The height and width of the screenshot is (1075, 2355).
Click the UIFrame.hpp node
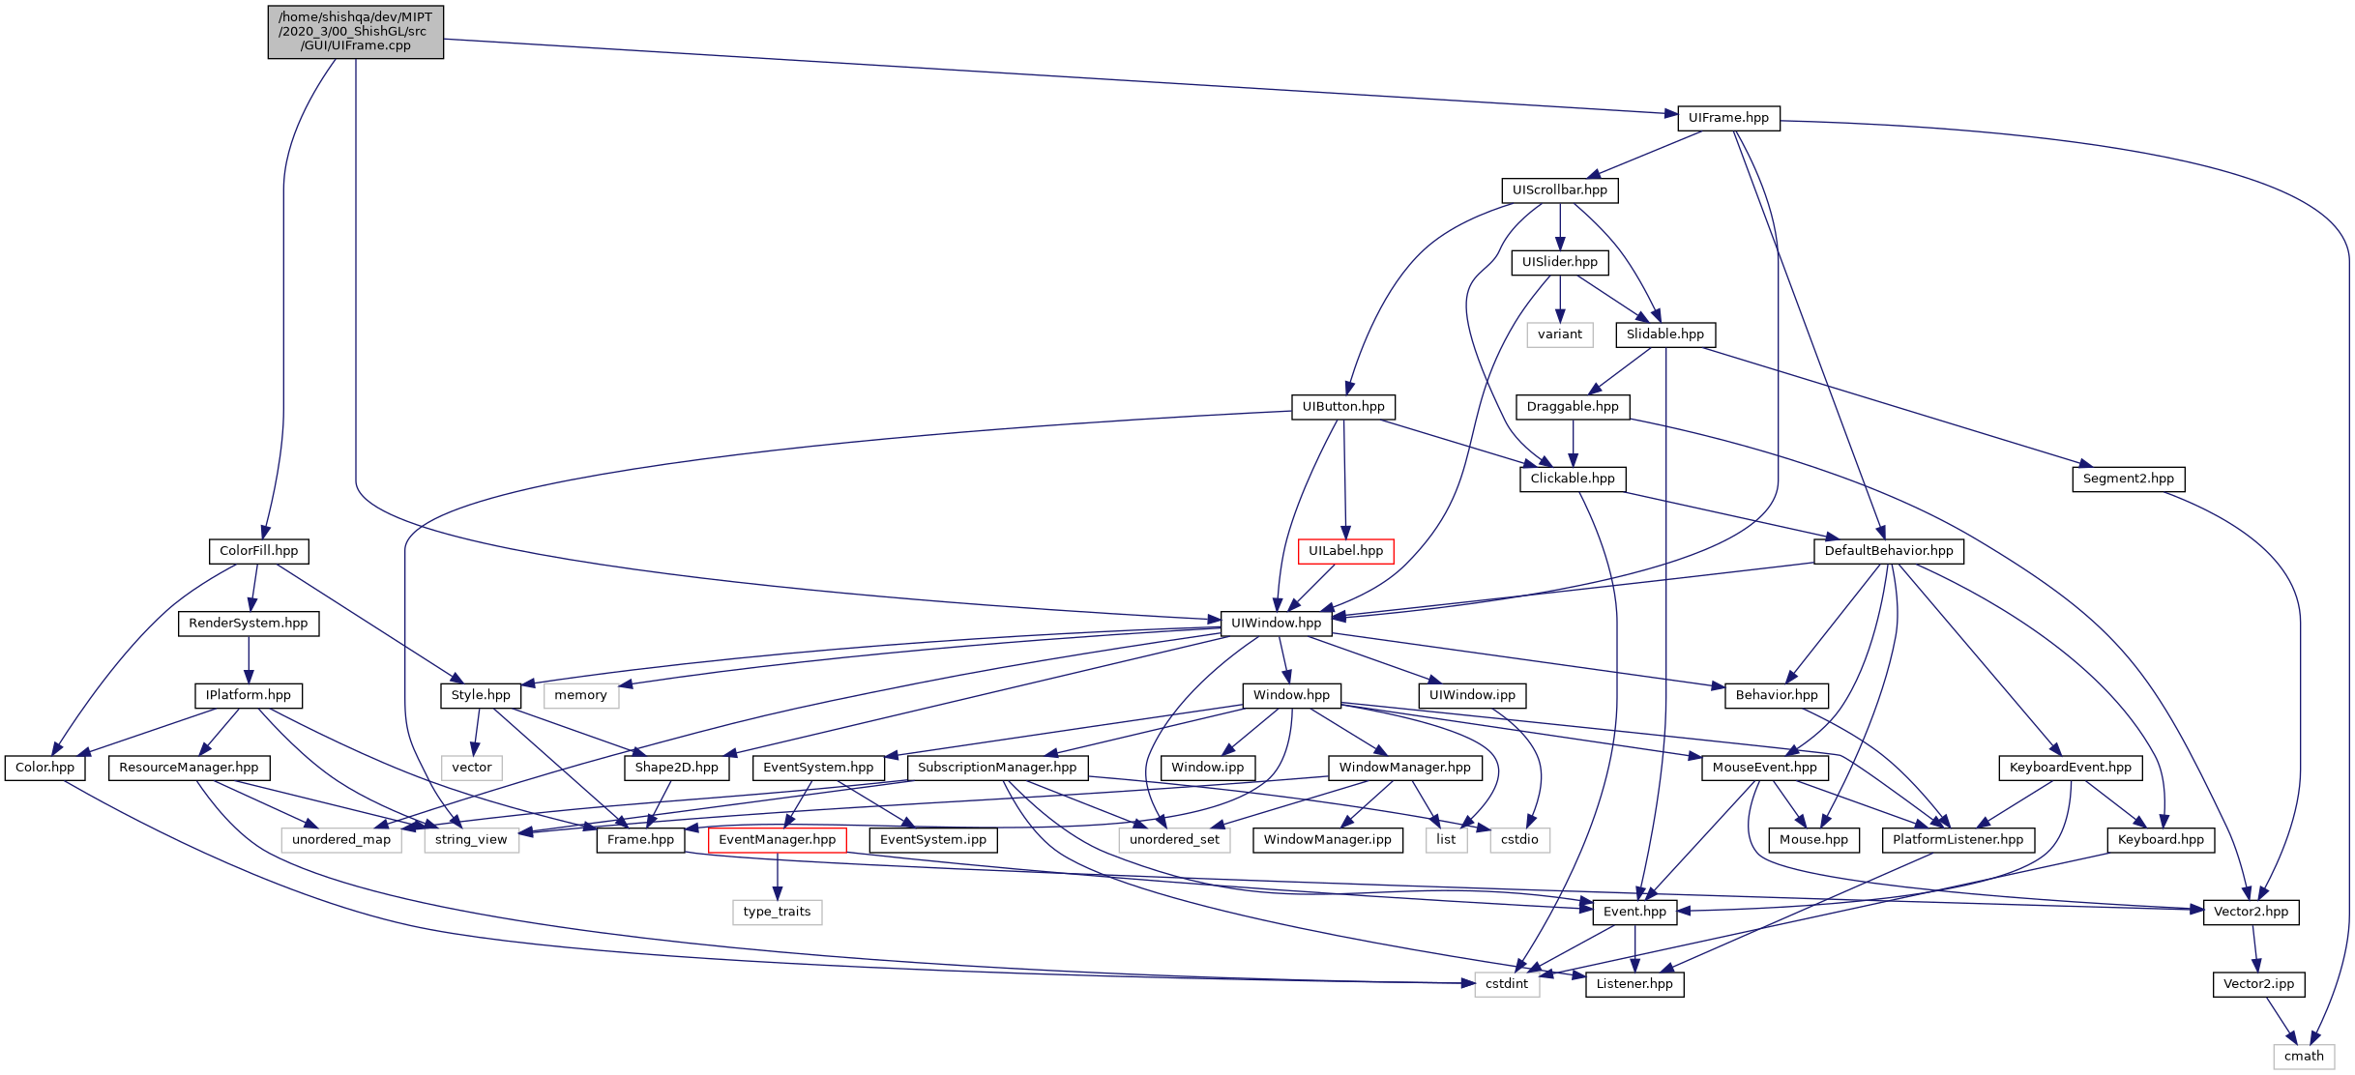pos(1728,118)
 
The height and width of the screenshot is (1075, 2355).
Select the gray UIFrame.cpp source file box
pos(356,32)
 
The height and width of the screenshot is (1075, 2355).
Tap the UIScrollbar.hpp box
pos(1560,190)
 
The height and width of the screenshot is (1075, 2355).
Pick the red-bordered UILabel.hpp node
pos(1345,551)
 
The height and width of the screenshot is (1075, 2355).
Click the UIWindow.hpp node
pos(1276,624)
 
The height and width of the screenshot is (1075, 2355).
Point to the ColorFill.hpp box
pos(258,551)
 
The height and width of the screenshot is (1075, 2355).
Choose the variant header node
pos(1560,334)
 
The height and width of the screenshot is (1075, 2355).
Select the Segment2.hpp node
pos(2128,479)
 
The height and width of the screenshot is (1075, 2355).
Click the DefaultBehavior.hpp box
pos(1889,551)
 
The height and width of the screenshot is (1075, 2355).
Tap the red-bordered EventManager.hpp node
pos(777,840)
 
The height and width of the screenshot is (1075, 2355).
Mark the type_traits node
pos(777,912)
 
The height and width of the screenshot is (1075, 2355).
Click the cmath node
pos(2304,1057)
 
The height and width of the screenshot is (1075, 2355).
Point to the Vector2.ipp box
pos(2258,984)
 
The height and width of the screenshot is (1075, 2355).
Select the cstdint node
pos(1507,984)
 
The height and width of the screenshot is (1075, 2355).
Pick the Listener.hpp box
pos(1634,984)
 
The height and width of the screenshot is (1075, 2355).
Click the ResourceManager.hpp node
pos(189,768)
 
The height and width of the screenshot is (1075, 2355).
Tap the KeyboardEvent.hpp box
pos(2070,768)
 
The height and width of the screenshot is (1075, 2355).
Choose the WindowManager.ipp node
pos(1327,840)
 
